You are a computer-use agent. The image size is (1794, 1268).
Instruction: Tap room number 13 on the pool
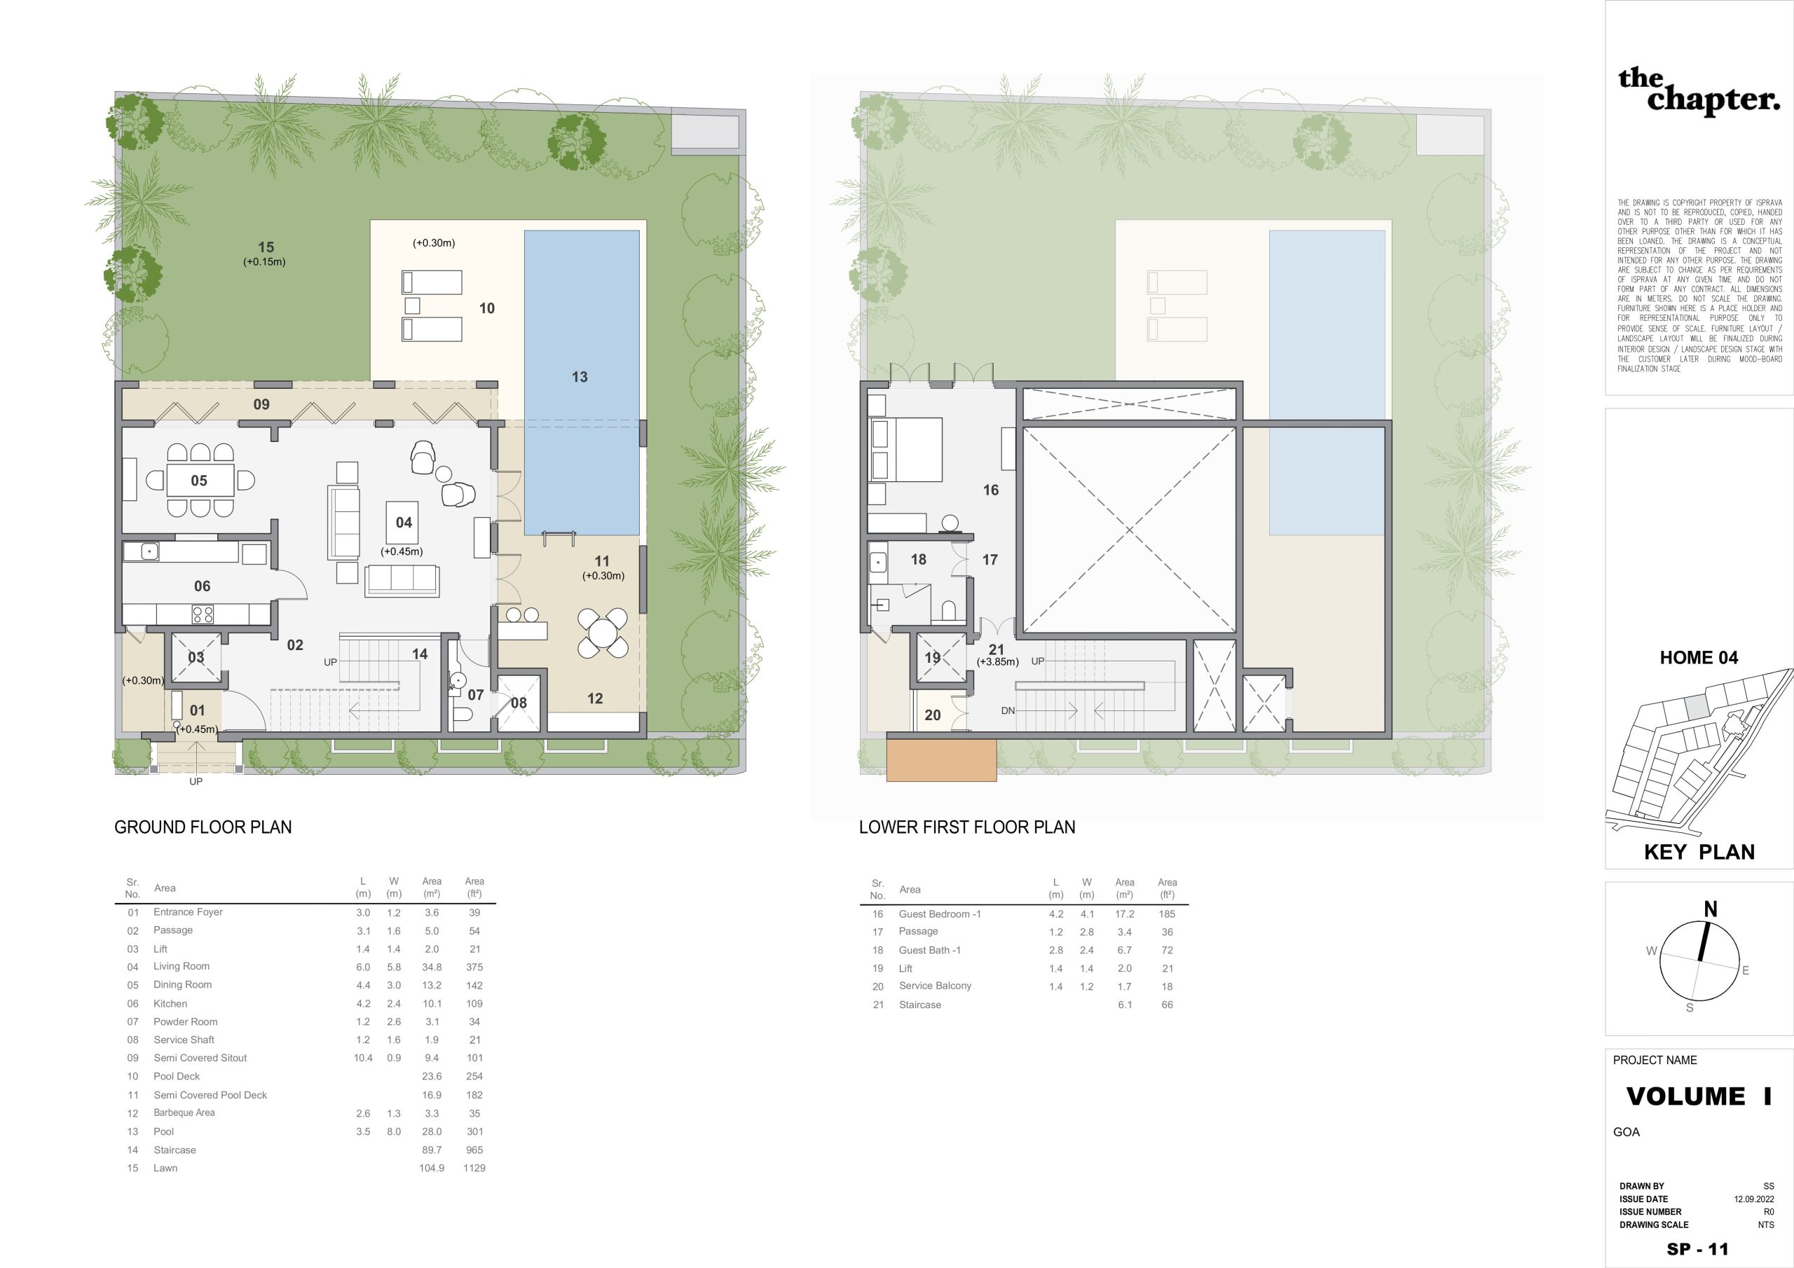tap(579, 377)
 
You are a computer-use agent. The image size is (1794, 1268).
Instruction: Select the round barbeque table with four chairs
tap(603, 632)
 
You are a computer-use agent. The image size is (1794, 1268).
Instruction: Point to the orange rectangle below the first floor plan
tap(942, 759)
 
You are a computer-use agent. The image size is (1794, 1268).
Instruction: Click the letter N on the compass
tap(1711, 909)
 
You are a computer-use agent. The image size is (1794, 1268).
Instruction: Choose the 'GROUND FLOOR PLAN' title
tap(203, 827)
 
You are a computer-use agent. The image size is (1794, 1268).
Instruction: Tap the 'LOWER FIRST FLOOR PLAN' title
tap(967, 827)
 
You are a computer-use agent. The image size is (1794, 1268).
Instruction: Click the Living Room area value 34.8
tap(431, 967)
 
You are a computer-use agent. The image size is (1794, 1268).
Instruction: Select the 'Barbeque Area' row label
tap(184, 1112)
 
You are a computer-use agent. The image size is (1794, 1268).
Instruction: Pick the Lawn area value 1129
tap(474, 1168)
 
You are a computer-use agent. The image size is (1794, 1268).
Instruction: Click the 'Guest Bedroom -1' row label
tap(939, 914)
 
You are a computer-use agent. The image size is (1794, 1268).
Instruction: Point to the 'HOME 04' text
tap(1699, 658)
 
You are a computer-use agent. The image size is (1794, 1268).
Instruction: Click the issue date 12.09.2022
tap(1753, 1199)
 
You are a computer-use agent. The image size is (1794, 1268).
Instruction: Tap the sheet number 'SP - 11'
tap(1698, 1249)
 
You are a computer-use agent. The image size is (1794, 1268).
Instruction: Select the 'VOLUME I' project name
tap(1699, 1097)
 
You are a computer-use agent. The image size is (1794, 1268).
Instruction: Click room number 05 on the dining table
tap(199, 481)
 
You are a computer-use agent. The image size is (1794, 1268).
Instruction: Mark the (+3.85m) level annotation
tap(998, 662)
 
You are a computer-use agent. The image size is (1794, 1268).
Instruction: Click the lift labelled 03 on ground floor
tap(196, 657)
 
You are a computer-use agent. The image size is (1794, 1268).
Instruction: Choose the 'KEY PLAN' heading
tap(1699, 853)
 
